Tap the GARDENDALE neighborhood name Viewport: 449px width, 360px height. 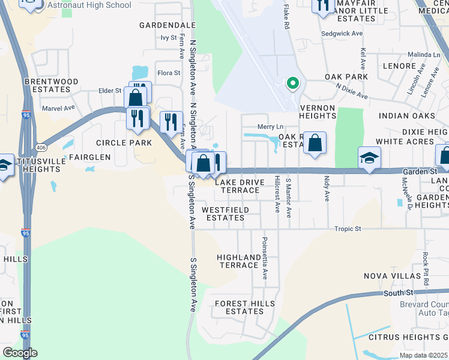pos(167,25)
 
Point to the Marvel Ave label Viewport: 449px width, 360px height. pos(58,109)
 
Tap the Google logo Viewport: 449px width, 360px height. pos(20,353)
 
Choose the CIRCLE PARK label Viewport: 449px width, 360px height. pos(124,143)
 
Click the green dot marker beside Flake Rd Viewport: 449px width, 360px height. pos(293,83)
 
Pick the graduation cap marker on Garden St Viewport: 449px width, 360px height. pos(369,158)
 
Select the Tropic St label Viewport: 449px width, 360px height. pos(348,229)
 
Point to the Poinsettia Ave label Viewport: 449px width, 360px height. pos(264,258)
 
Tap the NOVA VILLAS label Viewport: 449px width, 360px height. pos(388,276)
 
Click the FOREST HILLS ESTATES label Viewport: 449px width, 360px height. pos(240,308)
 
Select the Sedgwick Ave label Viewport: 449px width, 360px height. pos(342,34)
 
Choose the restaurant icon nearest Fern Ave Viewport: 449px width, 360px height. pos(171,122)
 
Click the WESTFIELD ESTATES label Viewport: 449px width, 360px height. pos(223,214)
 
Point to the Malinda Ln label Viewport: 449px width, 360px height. pos(424,54)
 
